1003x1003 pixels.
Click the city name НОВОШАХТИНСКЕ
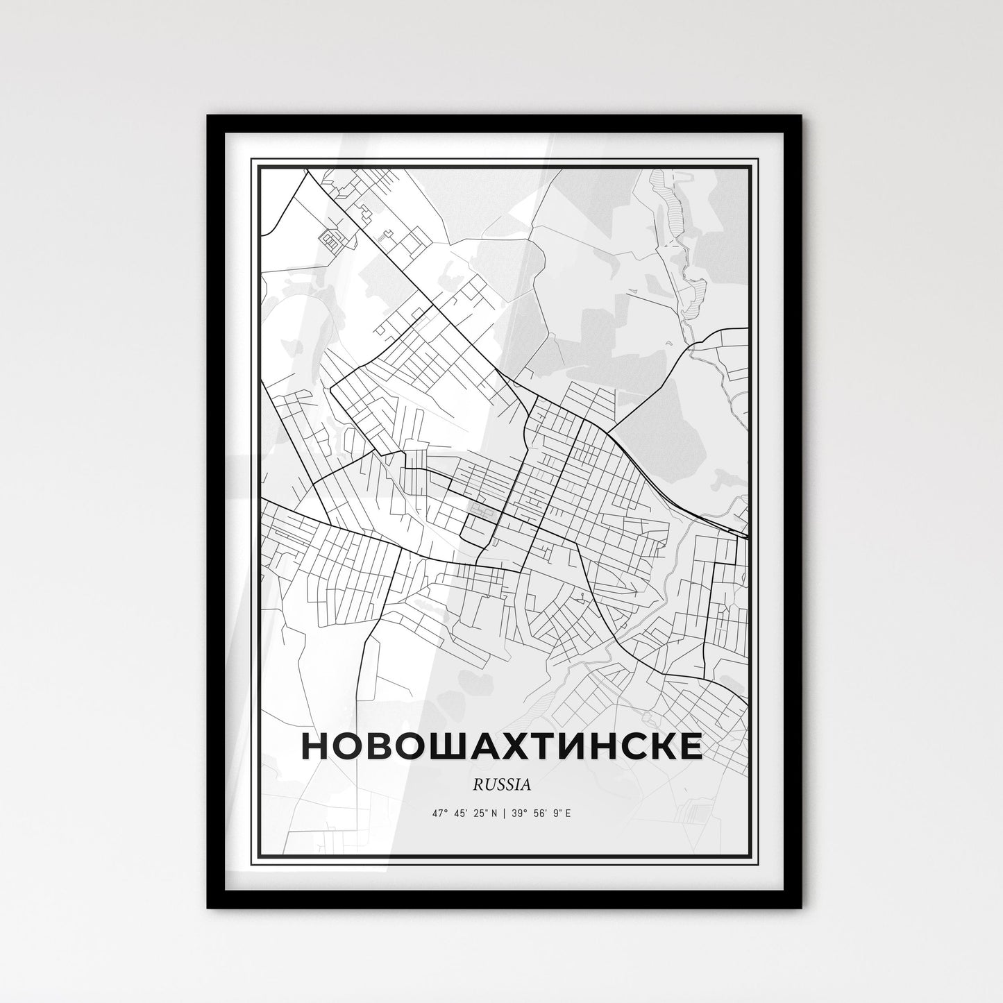click(501, 746)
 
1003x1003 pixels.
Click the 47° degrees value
click(439, 812)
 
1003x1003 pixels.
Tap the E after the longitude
click(568, 812)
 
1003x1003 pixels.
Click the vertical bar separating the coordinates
click(504, 812)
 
